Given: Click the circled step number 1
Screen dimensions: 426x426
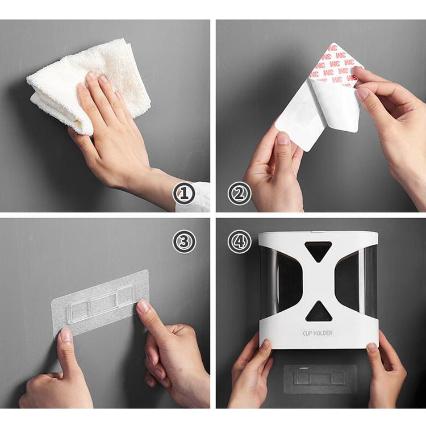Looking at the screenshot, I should [184, 194].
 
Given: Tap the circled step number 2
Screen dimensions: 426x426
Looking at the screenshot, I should [239, 194].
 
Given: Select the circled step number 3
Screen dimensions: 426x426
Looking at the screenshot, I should [184, 241].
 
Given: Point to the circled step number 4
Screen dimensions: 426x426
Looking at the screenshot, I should [239, 241].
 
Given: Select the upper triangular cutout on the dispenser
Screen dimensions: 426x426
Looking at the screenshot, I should [319, 250].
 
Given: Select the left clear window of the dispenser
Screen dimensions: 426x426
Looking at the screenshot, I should [278, 281].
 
